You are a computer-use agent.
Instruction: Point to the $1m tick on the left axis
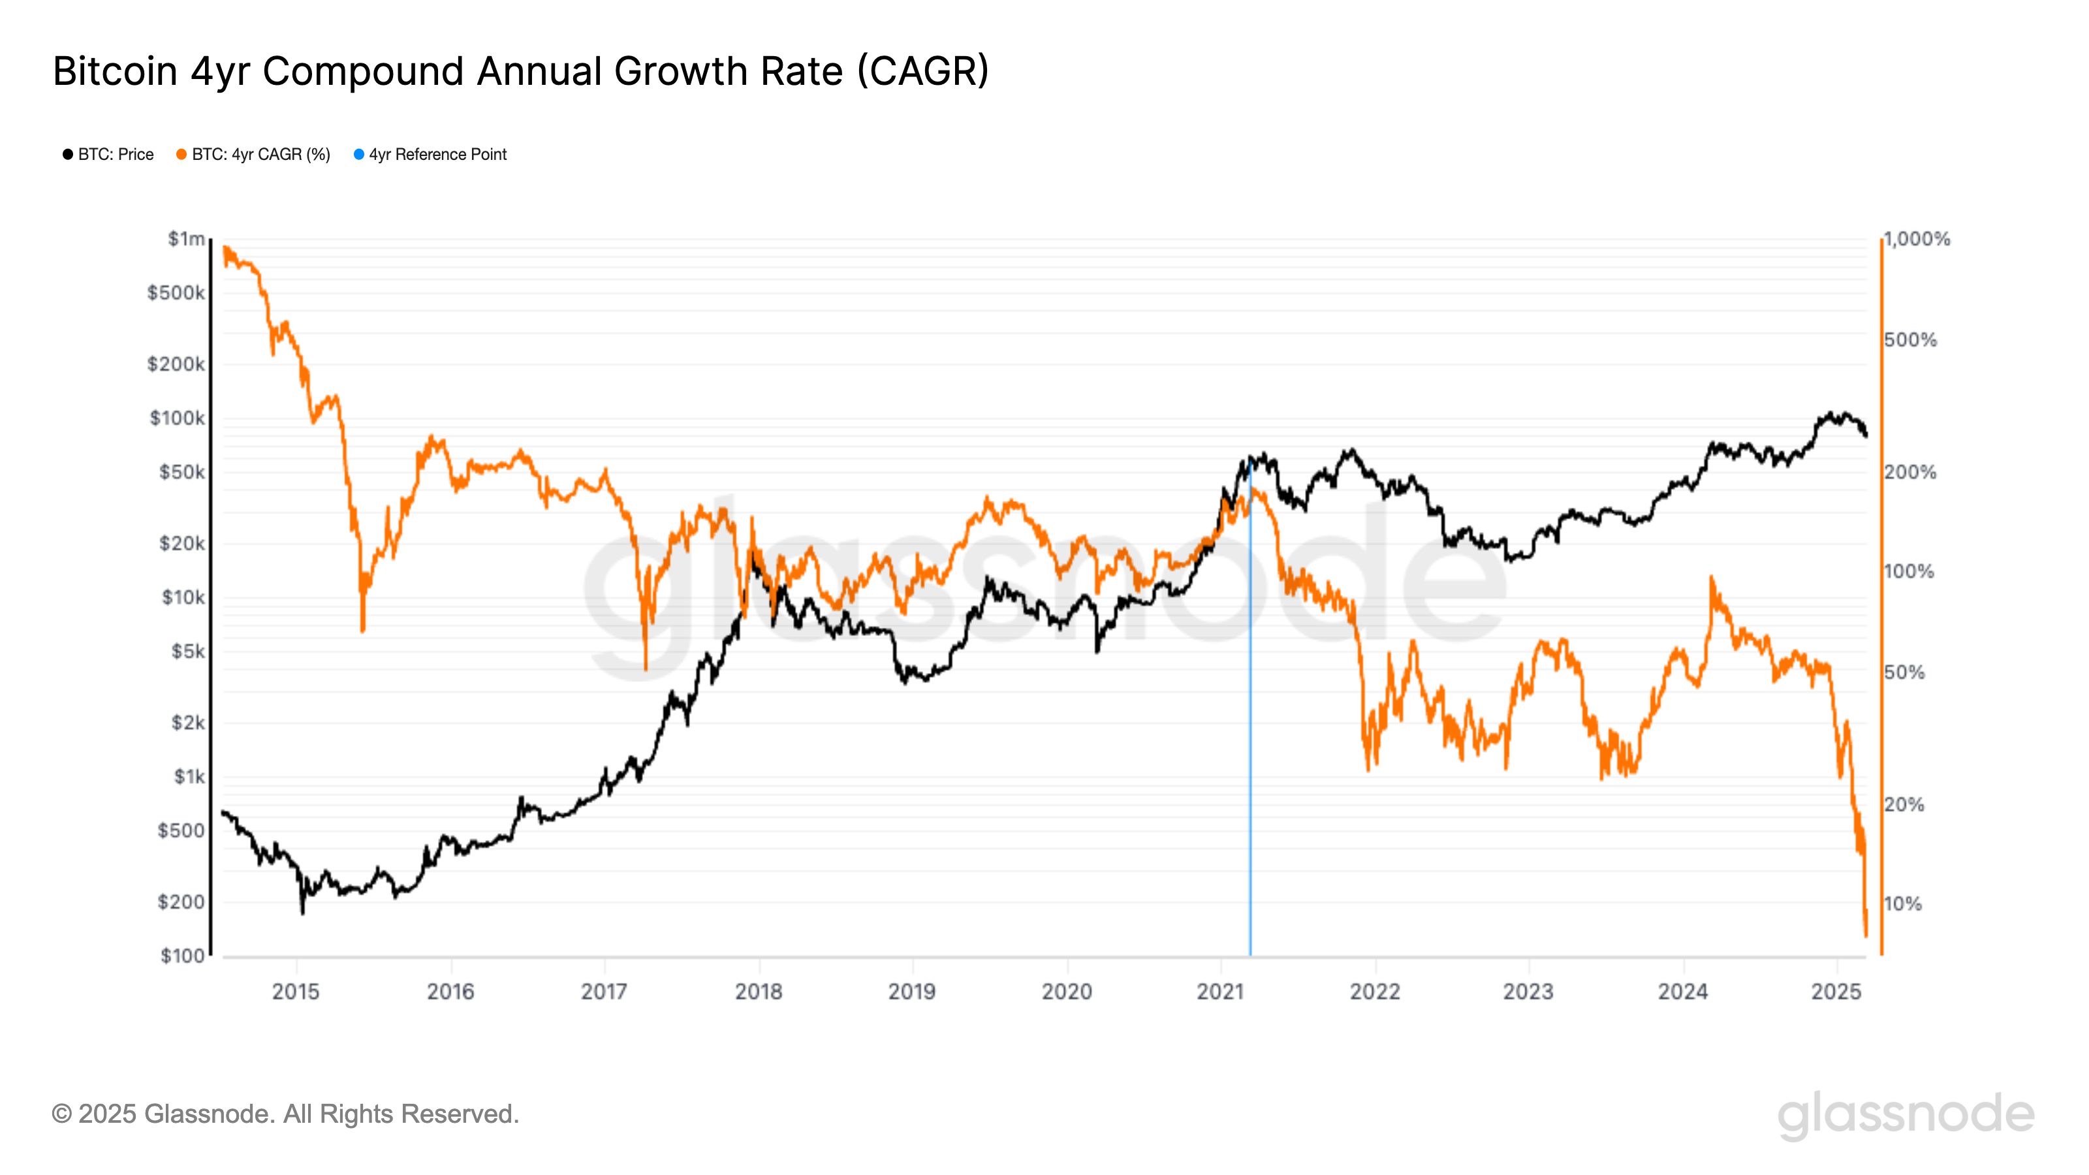[x=185, y=239]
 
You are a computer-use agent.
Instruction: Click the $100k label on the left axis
[x=177, y=418]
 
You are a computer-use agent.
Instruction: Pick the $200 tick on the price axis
[x=181, y=901]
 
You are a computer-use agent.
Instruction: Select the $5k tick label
[x=187, y=652]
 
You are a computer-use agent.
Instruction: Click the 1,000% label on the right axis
[x=1916, y=239]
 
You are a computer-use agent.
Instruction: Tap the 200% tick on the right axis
[x=1909, y=472]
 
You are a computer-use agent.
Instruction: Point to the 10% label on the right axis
[x=1902, y=903]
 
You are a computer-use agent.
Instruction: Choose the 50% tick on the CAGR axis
[x=1904, y=672]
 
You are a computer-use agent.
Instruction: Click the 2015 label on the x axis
[x=296, y=992]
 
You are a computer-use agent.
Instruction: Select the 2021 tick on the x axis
[x=1221, y=992]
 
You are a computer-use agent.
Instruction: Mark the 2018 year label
[x=758, y=992]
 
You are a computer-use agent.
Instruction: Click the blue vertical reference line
[x=1249, y=730]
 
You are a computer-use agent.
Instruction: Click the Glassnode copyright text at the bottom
[x=285, y=1114]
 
